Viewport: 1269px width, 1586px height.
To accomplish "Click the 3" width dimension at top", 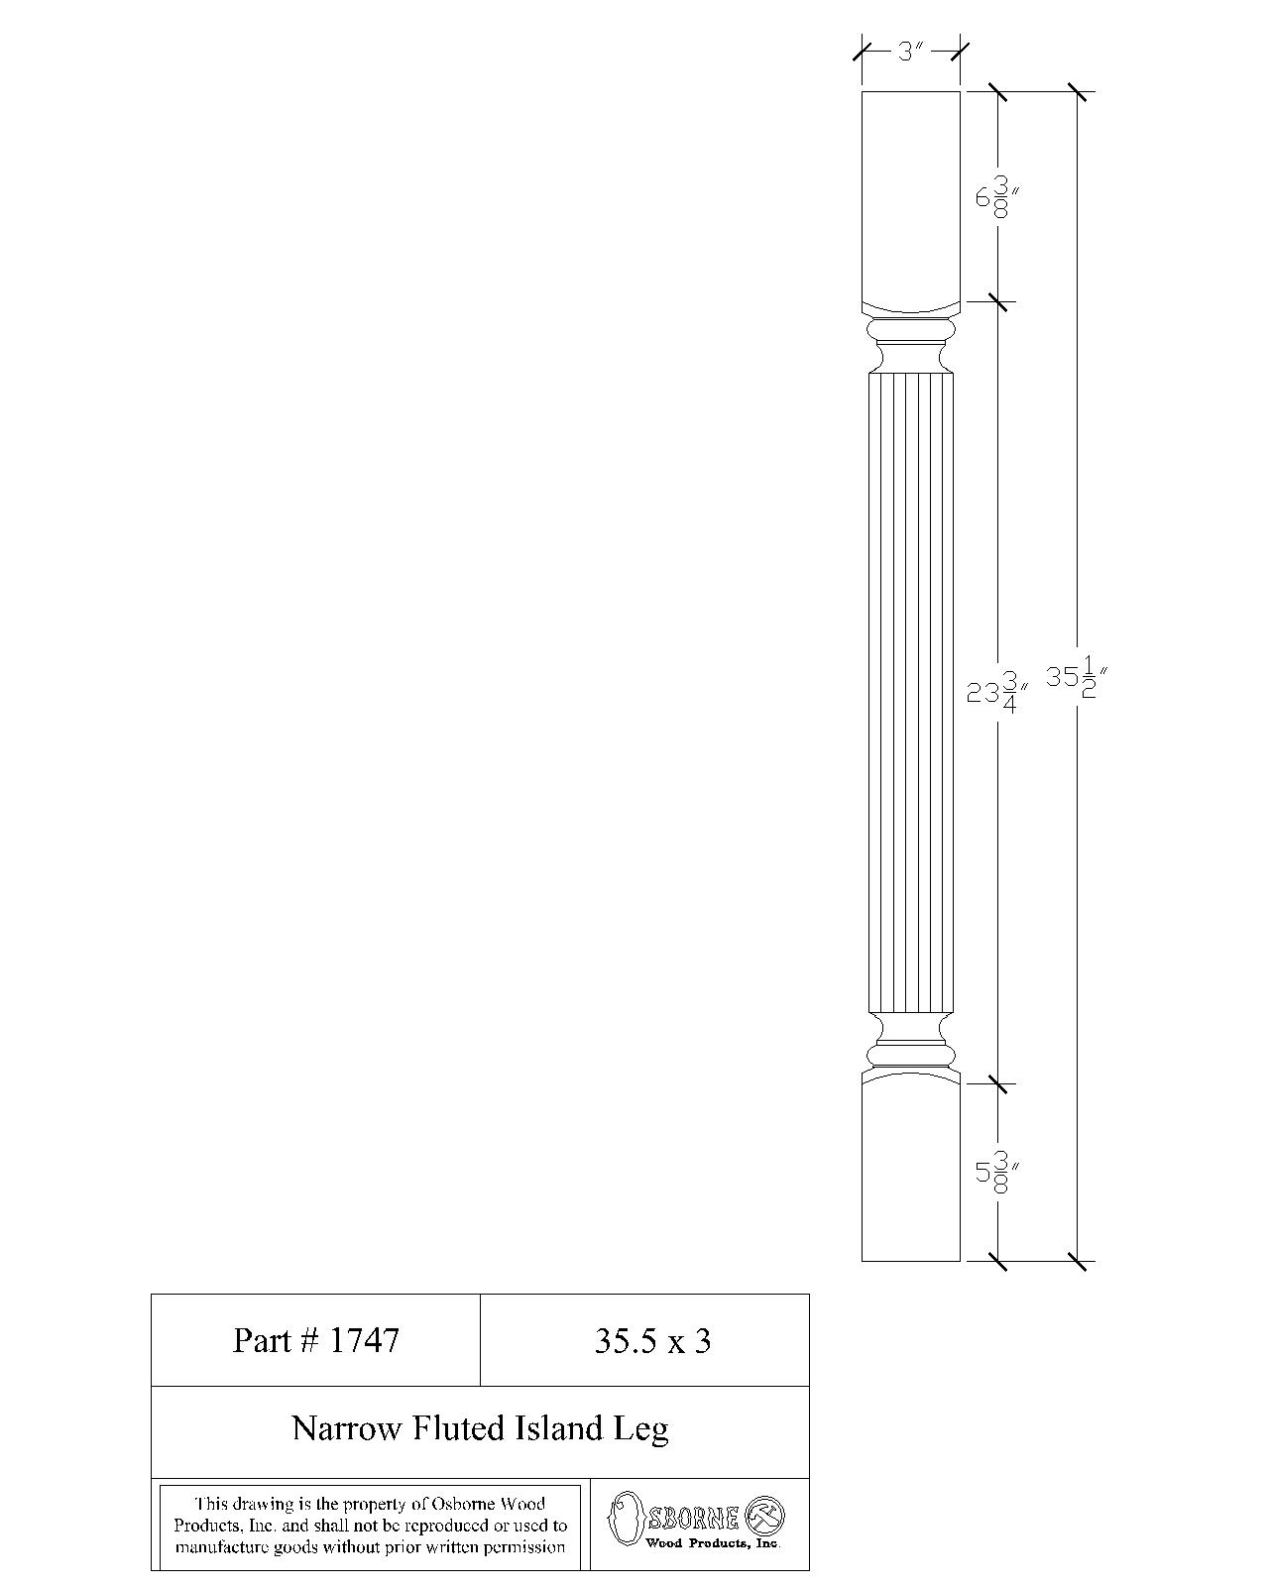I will [910, 51].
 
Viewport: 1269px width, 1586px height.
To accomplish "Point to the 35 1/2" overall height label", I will [1076, 679].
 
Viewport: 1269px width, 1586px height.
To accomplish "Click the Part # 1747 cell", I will [315, 1340].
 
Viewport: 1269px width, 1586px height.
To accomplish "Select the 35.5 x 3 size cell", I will [652, 1341].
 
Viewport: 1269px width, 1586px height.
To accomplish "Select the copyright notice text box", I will [370, 1526].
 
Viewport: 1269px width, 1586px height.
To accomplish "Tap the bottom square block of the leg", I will [910, 1175].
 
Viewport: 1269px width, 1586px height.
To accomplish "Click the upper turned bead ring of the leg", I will [910, 330].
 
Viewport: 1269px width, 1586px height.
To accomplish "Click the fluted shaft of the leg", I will [910, 694].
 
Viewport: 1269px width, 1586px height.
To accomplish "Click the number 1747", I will [365, 1340].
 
